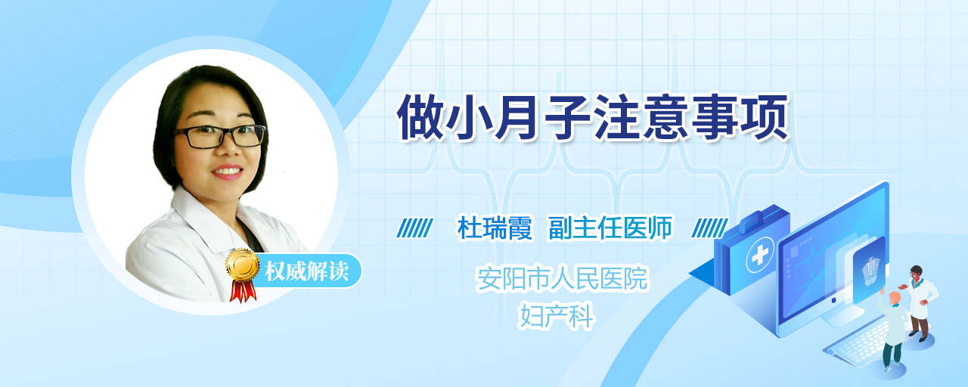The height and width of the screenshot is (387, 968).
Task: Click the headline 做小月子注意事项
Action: click(x=593, y=117)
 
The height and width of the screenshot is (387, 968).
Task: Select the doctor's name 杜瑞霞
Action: click(x=495, y=228)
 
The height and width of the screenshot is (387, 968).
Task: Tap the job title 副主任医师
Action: click(x=610, y=228)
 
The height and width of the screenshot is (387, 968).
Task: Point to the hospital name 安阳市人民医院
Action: click(x=562, y=279)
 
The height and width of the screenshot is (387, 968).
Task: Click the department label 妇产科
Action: click(x=557, y=317)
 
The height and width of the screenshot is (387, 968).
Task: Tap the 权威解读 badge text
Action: click(x=307, y=271)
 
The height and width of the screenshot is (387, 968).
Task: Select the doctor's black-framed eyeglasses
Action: click(x=219, y=136)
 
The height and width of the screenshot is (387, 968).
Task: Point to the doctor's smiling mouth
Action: click(x=228, y=172)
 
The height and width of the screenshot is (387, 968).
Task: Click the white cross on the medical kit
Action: click(x=759, y=255)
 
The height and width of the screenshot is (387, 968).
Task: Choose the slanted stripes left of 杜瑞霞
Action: click(x=414, y=228)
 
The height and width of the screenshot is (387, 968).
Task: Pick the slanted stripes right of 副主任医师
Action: click(x=709, y=228)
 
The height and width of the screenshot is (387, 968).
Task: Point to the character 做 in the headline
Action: click(x=421, y=117)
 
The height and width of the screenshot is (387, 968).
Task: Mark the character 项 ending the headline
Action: click(x=765, y=117)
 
